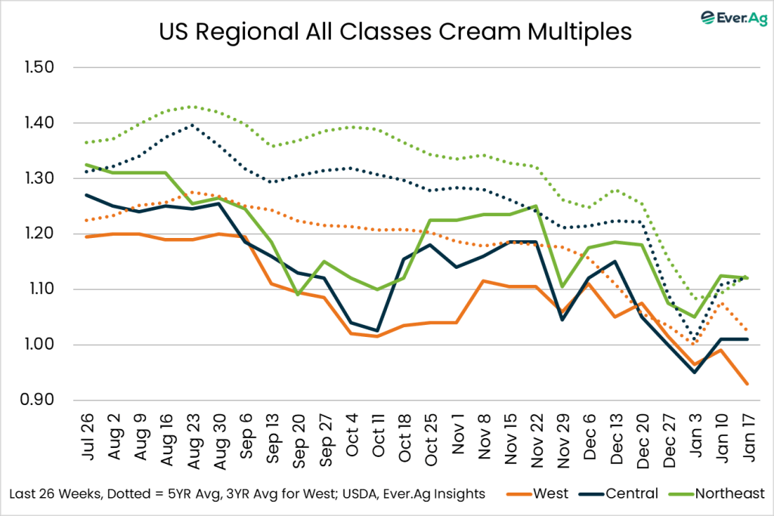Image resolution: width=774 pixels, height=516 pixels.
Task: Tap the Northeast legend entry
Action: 717,493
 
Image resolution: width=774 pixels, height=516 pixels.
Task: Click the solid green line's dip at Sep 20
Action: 299,295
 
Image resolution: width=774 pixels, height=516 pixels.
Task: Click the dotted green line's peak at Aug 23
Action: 193,107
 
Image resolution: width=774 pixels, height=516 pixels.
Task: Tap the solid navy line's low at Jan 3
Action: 695,372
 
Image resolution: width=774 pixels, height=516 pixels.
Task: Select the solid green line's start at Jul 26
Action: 88,164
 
